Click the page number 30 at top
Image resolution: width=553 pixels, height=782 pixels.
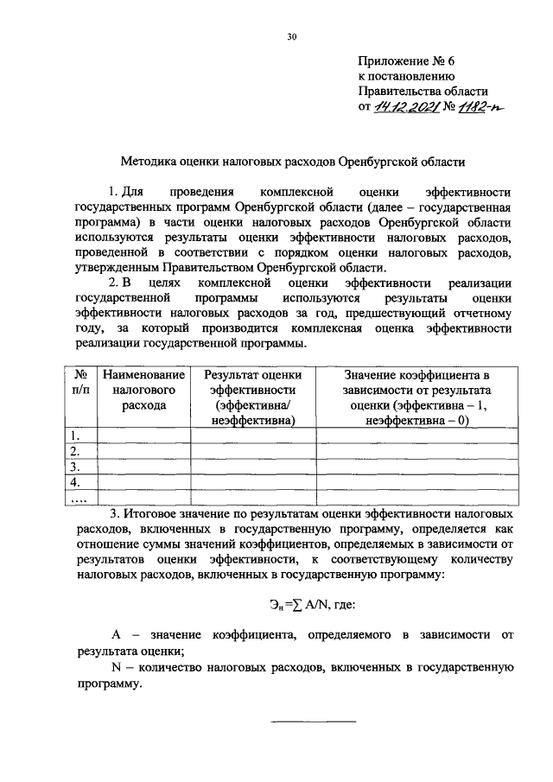[292, 36]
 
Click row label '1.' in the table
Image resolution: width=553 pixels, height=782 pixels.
[76, 436]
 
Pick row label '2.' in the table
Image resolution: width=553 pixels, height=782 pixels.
[76, 451]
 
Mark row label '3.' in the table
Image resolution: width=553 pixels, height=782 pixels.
[76, 467]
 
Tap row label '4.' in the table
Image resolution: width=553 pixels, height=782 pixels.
[76, 482]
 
